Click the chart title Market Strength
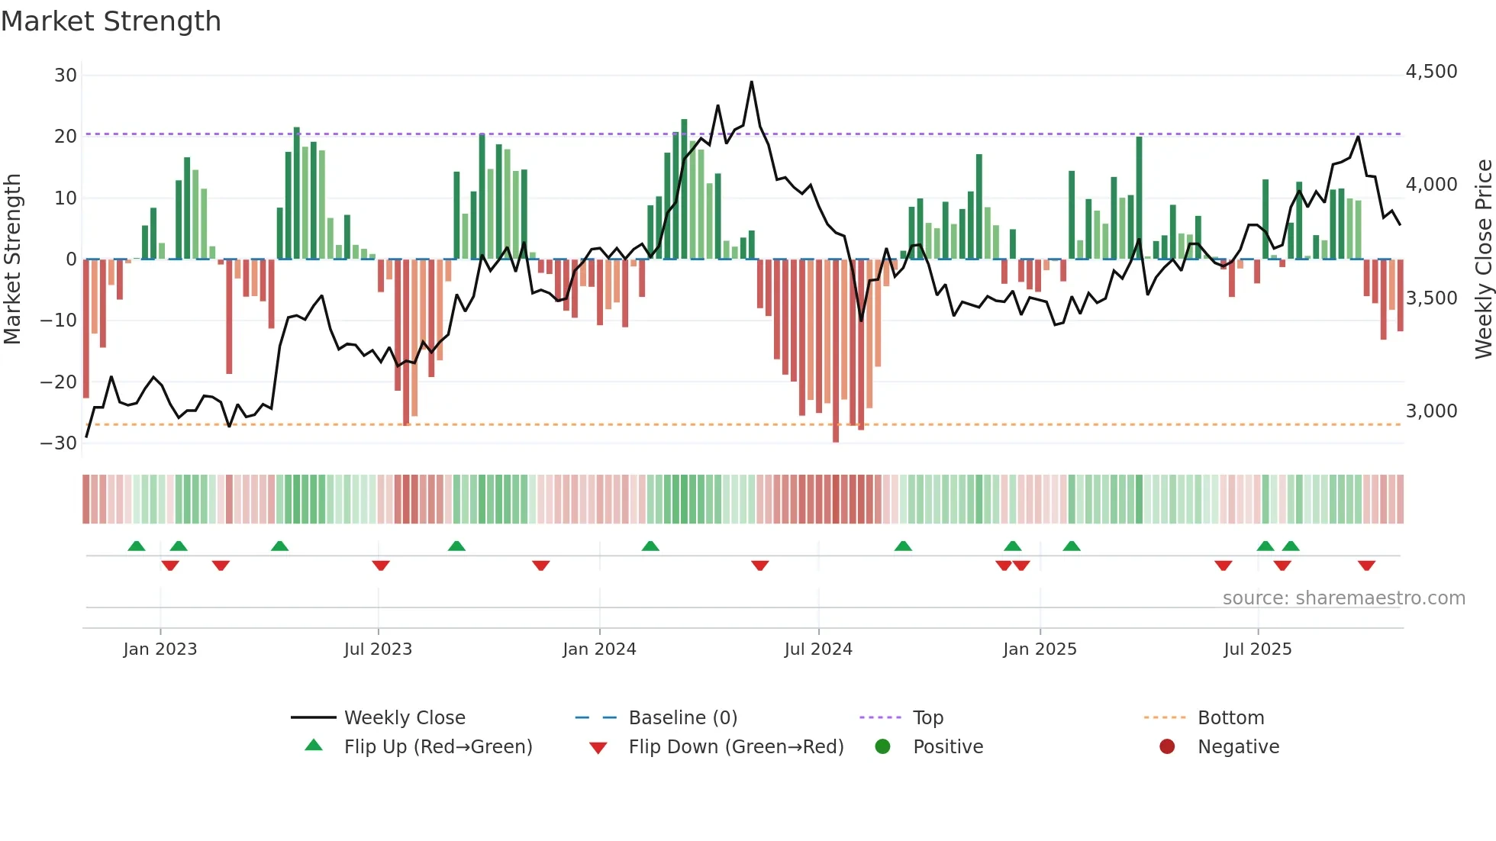pos(111,21)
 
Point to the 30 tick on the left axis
pos(66,76)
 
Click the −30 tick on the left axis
pos(60,443)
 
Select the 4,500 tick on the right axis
pos(1431,72)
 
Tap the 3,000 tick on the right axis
pos(1431,411)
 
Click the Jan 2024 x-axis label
pos(599,649)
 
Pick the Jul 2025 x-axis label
pos(1257,649)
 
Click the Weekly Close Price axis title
pos(1483,259)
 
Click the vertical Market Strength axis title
pos(13,259)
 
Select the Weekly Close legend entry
pos(404,718)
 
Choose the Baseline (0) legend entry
pos(682,718)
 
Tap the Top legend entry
pos(927,718)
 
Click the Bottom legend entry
pos(1230,718)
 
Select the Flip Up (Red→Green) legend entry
pos(437,747)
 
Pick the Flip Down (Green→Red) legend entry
pos(736,747)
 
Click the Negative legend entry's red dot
pos(1167,746)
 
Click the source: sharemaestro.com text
pos(1343,598)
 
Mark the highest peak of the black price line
pos(752,82)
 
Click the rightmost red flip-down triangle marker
pos(1366,565)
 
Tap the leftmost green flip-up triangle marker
pos(137,546)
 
